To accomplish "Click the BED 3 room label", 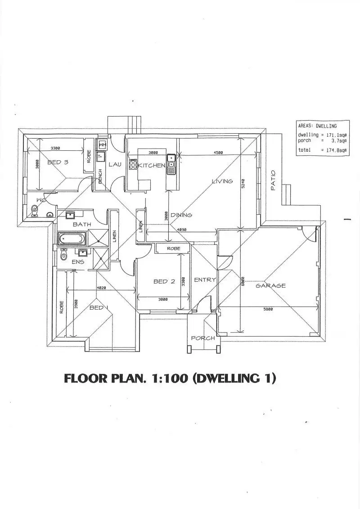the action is tap(58, 162).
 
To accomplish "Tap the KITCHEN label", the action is tap(151, 166).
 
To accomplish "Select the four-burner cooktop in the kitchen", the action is tap(133, 164).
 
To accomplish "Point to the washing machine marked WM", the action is tap(102, 145).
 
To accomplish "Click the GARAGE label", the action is tap(270, 286).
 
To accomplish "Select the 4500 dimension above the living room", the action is tap(218, 153).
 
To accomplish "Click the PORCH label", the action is tap(203, 338).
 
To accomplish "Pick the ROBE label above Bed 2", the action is tap(173, 248).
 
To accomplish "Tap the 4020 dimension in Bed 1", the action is tap(101, 288).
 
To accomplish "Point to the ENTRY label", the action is tap(205, 280).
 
